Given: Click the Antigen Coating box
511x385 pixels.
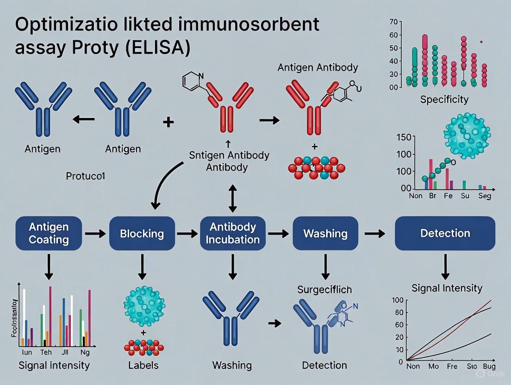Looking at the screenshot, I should (49, 233).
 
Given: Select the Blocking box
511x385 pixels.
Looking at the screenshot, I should (142, 233).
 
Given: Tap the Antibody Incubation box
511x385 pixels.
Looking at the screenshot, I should (233, 233).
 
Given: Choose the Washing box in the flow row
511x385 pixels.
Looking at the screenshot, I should (326, 233).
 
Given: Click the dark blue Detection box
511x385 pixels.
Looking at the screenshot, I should (445, 233).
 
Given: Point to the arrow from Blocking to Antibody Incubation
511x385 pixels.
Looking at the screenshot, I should (188, 234).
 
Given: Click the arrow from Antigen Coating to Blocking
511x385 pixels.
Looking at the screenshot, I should (95, 234).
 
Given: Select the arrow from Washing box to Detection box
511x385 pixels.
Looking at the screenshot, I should (375, 234).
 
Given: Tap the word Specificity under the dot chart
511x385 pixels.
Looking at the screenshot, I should (444, 99).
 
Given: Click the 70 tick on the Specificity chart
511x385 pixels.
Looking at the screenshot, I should (394, 22).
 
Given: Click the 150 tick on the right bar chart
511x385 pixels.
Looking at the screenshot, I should (403, 138).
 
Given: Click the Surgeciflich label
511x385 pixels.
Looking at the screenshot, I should (324, 290).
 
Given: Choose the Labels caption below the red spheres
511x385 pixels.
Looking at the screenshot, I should (143, 365).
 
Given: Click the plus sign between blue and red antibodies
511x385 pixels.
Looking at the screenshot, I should (168, 122).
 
